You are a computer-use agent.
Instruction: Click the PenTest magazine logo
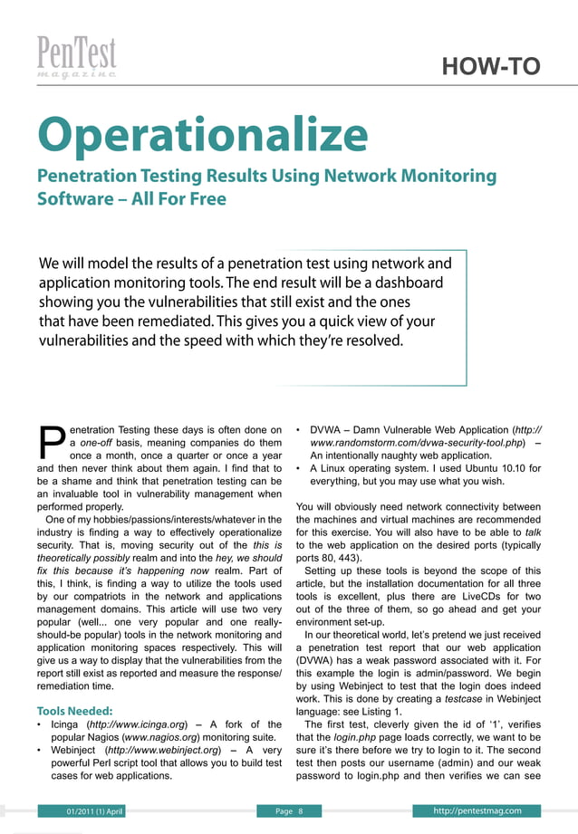(77, 59)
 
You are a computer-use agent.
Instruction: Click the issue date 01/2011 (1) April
(88, 810)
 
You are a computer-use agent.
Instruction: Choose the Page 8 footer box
(287, 810)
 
